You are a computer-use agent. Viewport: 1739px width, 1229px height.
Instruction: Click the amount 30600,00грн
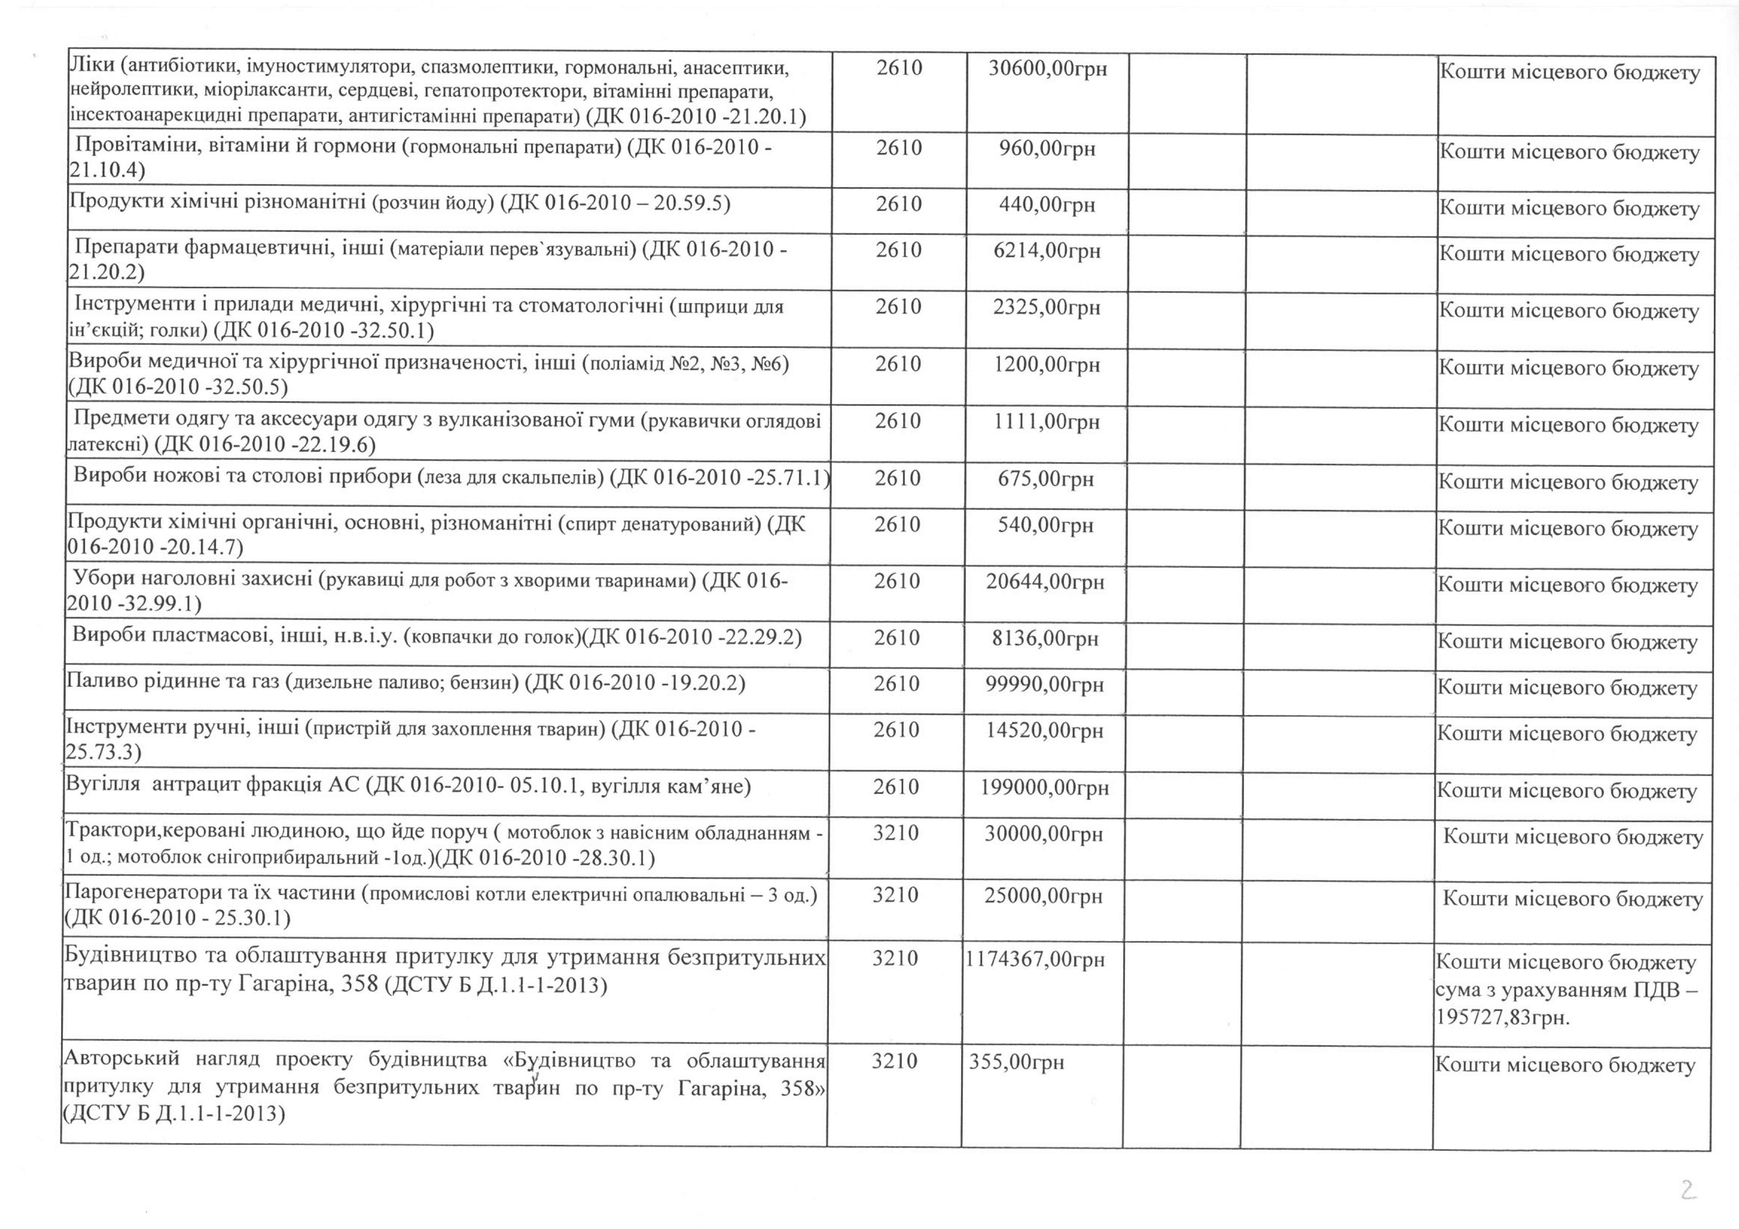(x=1048, y=69)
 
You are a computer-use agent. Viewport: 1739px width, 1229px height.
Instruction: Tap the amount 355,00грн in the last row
(x=1016, y=1062)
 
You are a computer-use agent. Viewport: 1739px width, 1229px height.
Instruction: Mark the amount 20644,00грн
(x=1045, y=582)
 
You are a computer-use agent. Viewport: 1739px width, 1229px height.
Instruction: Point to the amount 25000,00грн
(x=1043, y=896)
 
